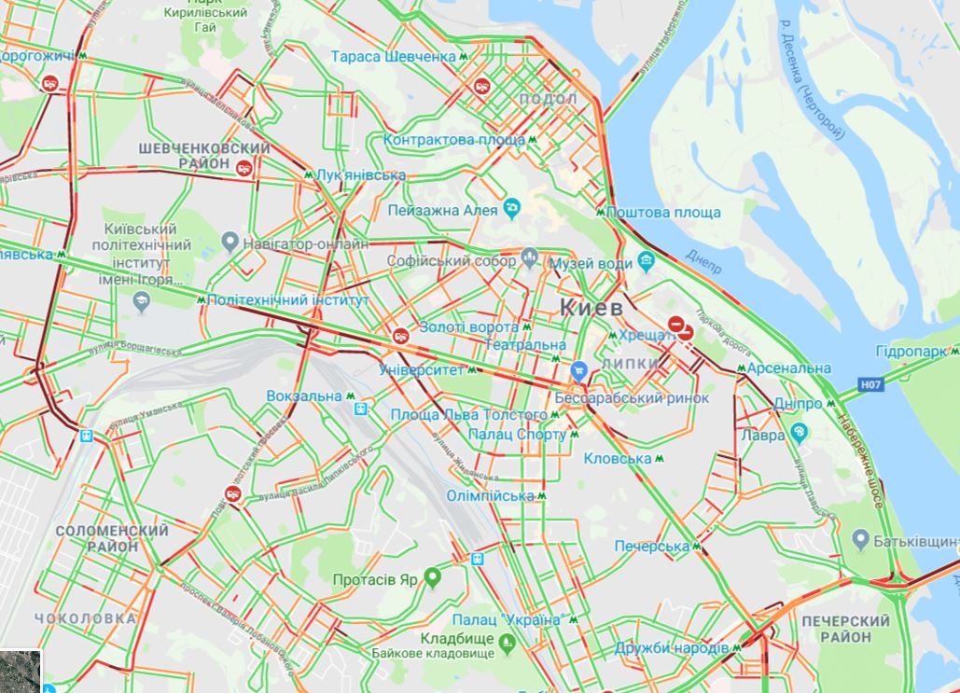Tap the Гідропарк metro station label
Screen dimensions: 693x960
pos(911,352)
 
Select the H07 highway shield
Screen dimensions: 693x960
pos(870,383)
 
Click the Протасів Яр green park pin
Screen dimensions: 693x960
pos(432,578)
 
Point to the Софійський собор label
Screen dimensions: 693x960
pos(452,262)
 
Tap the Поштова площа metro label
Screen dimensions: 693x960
pos(663,213)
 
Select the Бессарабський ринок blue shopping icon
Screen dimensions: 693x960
pos(578,370)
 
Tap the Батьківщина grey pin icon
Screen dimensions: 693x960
pos(861,540)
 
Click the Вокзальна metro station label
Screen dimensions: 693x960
pos(305,396)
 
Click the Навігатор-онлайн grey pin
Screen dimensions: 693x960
pos(230,243)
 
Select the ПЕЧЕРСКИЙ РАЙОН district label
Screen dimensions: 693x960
pos(844,629)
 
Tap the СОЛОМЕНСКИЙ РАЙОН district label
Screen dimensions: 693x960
pos(111,538)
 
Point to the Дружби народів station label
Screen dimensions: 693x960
pos(672,647)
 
